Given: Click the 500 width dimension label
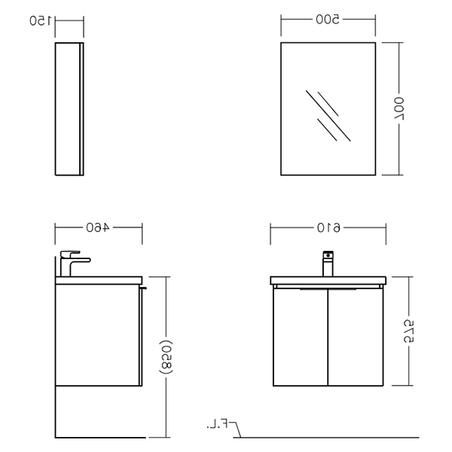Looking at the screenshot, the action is click(328, 20).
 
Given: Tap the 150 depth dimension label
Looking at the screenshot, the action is click(41, 21).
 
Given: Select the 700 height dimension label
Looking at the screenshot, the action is click(399, 108).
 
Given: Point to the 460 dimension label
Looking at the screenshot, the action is click(98, 228).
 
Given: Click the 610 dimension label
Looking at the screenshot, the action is click(328, 228).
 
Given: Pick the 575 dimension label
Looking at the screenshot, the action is click(408, 331).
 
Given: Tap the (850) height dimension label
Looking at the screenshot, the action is click(166, 357).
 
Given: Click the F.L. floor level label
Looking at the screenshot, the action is click(218, 424).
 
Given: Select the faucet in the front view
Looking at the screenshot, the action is click(328, 264).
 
